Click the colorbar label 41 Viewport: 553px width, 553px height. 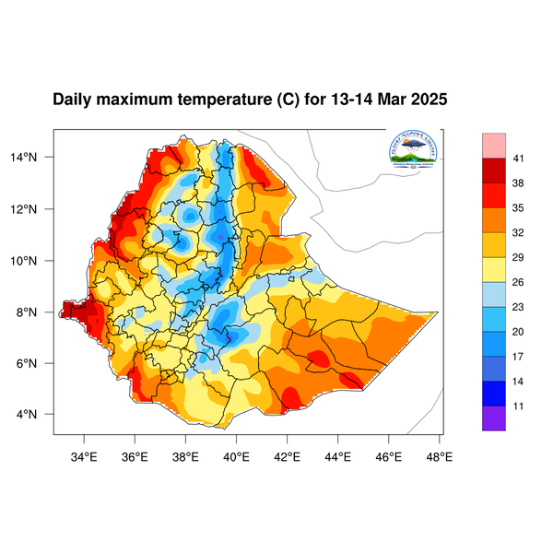pos(519,159)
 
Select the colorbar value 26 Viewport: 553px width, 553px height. pos(519,282)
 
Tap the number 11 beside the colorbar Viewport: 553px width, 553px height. pos(519,405)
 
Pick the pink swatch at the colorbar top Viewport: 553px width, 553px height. pos(494,145)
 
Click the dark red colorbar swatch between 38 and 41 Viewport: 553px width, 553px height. pos(494,171)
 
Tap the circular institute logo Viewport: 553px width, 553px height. pos(413,150)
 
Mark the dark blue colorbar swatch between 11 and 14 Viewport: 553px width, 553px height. pos(494,393)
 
